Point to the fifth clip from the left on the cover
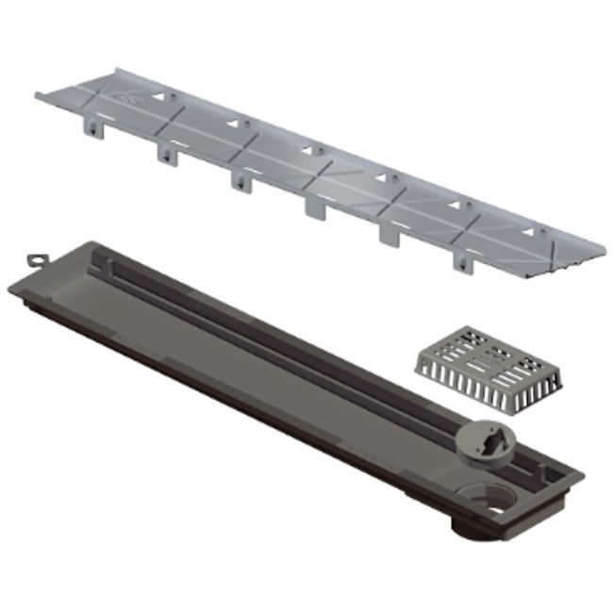click(389, 233)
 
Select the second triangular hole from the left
click(232, 122)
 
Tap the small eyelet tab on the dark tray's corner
click(36, 257)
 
